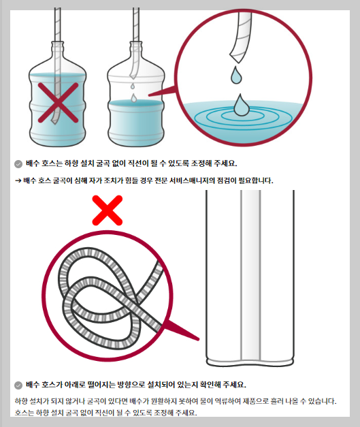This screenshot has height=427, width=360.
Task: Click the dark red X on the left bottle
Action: (58, 103)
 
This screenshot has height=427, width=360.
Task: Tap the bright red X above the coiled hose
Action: (108, 210)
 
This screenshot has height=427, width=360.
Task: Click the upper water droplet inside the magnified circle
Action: (236, 75)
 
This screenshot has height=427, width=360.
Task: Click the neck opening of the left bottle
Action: (58, 43)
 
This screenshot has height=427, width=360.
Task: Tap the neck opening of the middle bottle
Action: (136, 43)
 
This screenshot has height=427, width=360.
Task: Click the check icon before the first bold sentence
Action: (18, 164)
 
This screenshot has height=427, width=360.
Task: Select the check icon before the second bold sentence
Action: (18, 385)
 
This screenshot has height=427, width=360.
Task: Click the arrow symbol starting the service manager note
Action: (18, 180)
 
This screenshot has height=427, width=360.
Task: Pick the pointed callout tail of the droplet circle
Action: (162, 92)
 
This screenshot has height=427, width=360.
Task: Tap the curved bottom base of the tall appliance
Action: (250, 363)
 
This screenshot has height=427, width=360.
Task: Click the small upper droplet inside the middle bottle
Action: (133, 86)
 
